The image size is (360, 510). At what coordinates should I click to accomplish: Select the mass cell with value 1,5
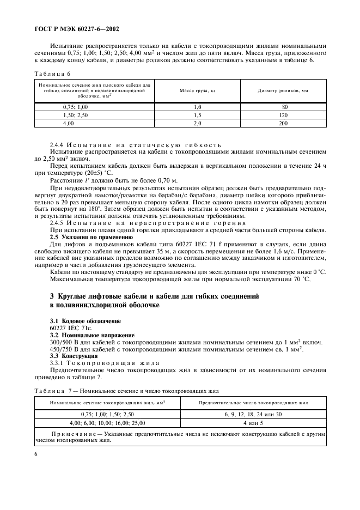197,116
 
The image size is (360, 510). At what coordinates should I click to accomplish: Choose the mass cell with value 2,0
197,124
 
